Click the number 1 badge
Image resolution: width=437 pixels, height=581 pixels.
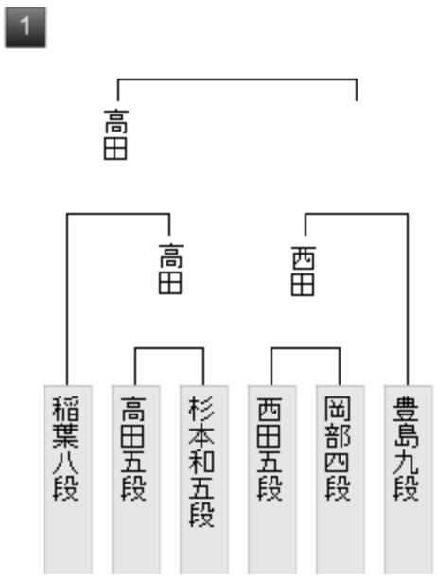tap(26, 27)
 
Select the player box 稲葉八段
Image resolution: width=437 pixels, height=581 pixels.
tap(68, 479)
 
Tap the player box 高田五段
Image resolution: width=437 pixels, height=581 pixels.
tap(136, 479)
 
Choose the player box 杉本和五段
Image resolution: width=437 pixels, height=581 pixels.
tap(204, 479)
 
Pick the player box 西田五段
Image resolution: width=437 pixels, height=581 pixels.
tap(272, 479)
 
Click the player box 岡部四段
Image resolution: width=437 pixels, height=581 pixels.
tap(341, 479)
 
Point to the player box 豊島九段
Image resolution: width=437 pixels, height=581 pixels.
tap(408, 479)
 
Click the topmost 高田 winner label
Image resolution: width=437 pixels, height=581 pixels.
tap(116, 134)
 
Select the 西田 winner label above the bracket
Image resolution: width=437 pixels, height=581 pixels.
tap(304, 272)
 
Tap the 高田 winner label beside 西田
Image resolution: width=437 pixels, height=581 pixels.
tap(170, 269)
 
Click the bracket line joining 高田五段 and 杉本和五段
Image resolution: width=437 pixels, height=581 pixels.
tap(169, 348)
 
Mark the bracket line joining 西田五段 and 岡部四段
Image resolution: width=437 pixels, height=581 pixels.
tap(306, 348)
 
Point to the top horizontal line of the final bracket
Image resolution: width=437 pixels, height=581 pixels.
tap(237, 79)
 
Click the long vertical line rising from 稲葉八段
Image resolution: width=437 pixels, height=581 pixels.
tap(67, 299)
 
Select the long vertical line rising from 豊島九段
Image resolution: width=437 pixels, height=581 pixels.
tap(408, 299)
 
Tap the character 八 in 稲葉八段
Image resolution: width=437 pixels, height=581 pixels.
tap(66, 462)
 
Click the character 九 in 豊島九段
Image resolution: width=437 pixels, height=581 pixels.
tap(407, 462)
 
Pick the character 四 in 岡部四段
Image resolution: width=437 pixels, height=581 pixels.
tap(338, 462)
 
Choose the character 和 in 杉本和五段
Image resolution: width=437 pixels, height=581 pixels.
tap(201, 462)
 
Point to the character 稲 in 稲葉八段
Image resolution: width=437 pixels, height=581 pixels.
tap(66, 409)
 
